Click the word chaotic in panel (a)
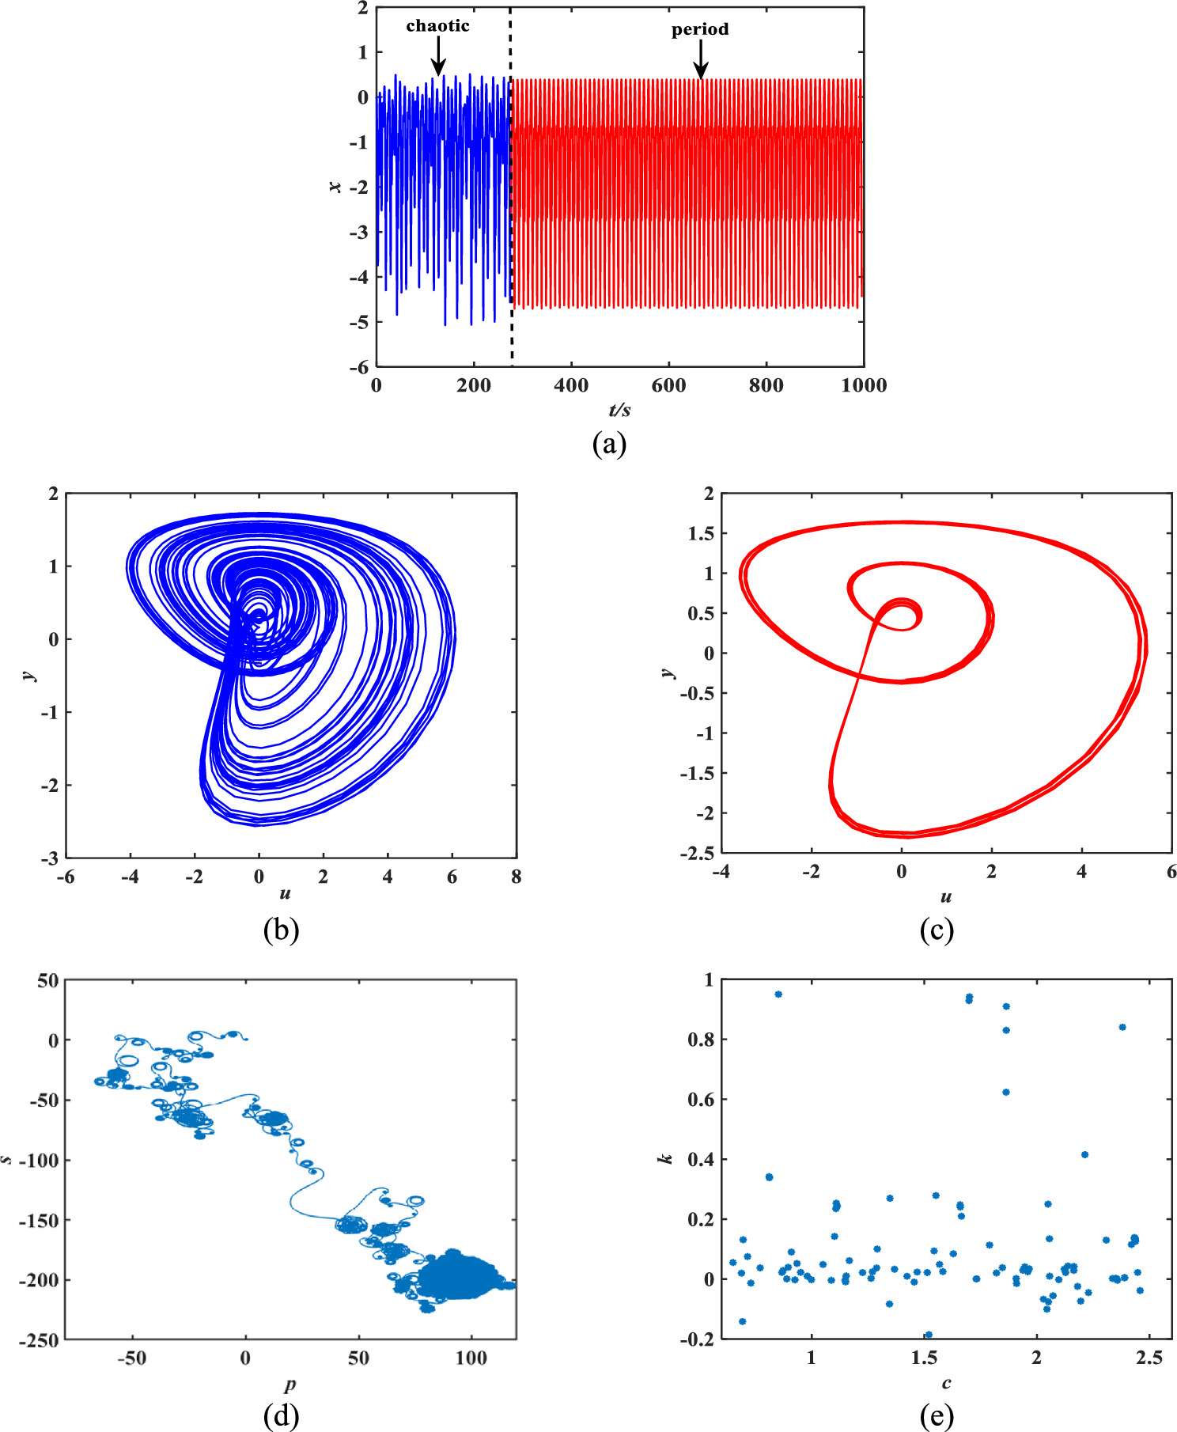coord(437,26)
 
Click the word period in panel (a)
coord(700,29)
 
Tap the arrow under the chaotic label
coord(437,58)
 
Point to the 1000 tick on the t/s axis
coord(864,386)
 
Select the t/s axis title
coord(619,410)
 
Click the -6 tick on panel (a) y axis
coord(359,366)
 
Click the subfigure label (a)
coord(609,444)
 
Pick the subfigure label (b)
coord(281,929)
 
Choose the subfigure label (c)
coord(937,929)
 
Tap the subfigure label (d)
coord(281,1415)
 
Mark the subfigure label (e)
coord(937,1415)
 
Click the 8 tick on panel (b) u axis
coord(516,877)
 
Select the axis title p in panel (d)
coord(290,1384)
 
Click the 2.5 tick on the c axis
coord(1149,1358)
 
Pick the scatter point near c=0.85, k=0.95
coord(778,994)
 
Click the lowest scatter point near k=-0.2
coord(929,1335)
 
